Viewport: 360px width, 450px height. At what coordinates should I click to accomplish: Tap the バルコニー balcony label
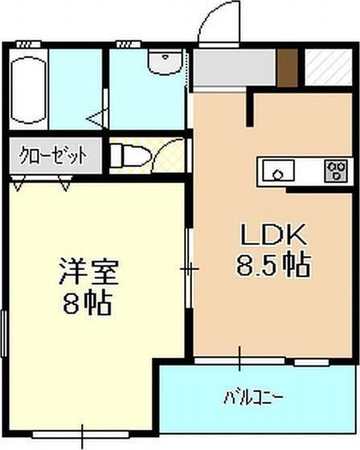tap(253, 396)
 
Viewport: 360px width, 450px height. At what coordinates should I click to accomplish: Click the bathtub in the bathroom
tap(30, 91)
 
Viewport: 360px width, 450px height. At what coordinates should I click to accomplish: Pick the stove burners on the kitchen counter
tap(333, 171)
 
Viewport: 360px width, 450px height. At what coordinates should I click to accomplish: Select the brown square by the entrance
tap(288, 67)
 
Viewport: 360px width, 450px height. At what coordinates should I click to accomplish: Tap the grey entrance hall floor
tap(233, 68)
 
